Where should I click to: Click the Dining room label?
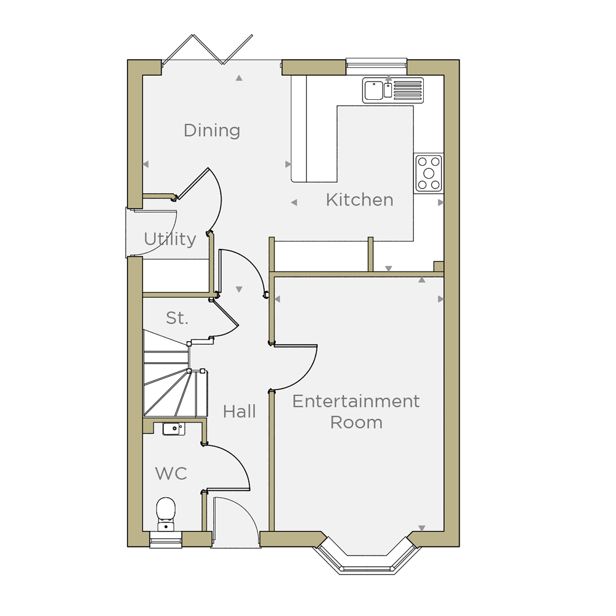212,131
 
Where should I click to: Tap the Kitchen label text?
360,200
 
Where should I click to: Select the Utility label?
170,239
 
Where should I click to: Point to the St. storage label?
177,318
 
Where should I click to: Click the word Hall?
239,411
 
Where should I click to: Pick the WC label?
171,473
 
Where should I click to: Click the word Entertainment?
356,402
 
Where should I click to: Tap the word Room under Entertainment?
356,423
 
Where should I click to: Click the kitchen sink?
393,91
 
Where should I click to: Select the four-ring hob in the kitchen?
429,173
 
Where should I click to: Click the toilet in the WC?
166,514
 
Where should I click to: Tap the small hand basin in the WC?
174,429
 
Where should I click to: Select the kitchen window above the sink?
376,63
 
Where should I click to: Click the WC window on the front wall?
166,541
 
